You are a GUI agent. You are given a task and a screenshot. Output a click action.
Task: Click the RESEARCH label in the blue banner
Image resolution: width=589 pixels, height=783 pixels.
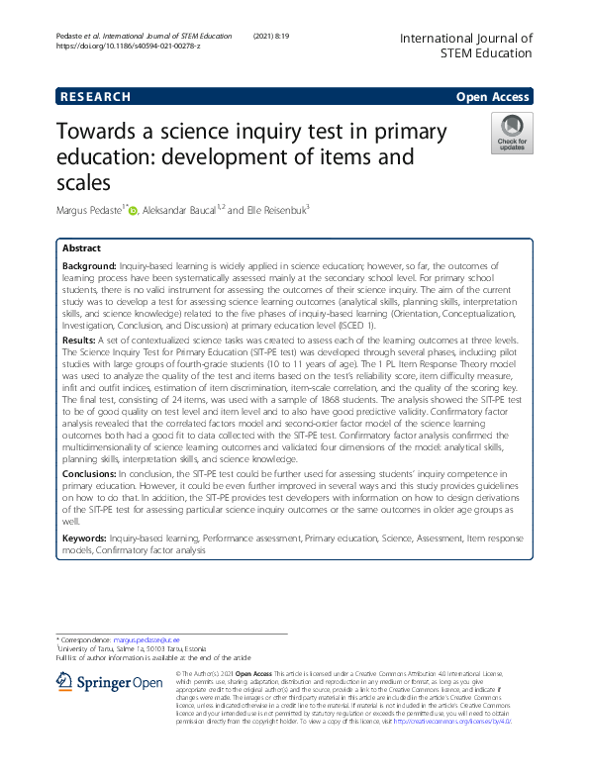(x=95, y=97)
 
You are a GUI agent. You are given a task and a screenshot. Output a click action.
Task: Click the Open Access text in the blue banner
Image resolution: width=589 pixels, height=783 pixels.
(x=494, y=97)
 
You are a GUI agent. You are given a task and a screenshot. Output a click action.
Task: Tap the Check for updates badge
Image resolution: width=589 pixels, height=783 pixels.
(x=513, y=134)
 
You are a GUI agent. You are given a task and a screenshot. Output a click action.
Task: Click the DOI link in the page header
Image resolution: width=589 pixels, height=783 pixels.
(x=128, y=47)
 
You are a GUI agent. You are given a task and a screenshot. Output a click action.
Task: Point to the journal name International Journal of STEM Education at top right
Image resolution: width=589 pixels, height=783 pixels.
(x=465, y=46)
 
